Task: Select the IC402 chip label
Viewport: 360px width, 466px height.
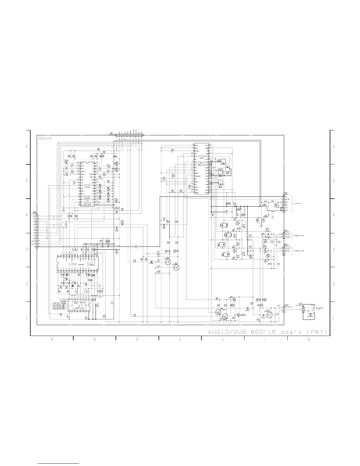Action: (x=73, y=264)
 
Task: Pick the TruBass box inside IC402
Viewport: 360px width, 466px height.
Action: (x=91, y=264)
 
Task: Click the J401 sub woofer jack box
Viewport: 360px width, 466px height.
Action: (x=309, y=312)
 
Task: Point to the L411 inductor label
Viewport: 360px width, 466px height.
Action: (x=136, y=245)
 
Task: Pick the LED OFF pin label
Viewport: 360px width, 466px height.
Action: (x=288, y=199)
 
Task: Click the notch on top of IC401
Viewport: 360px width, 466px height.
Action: (x=87, y=162)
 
